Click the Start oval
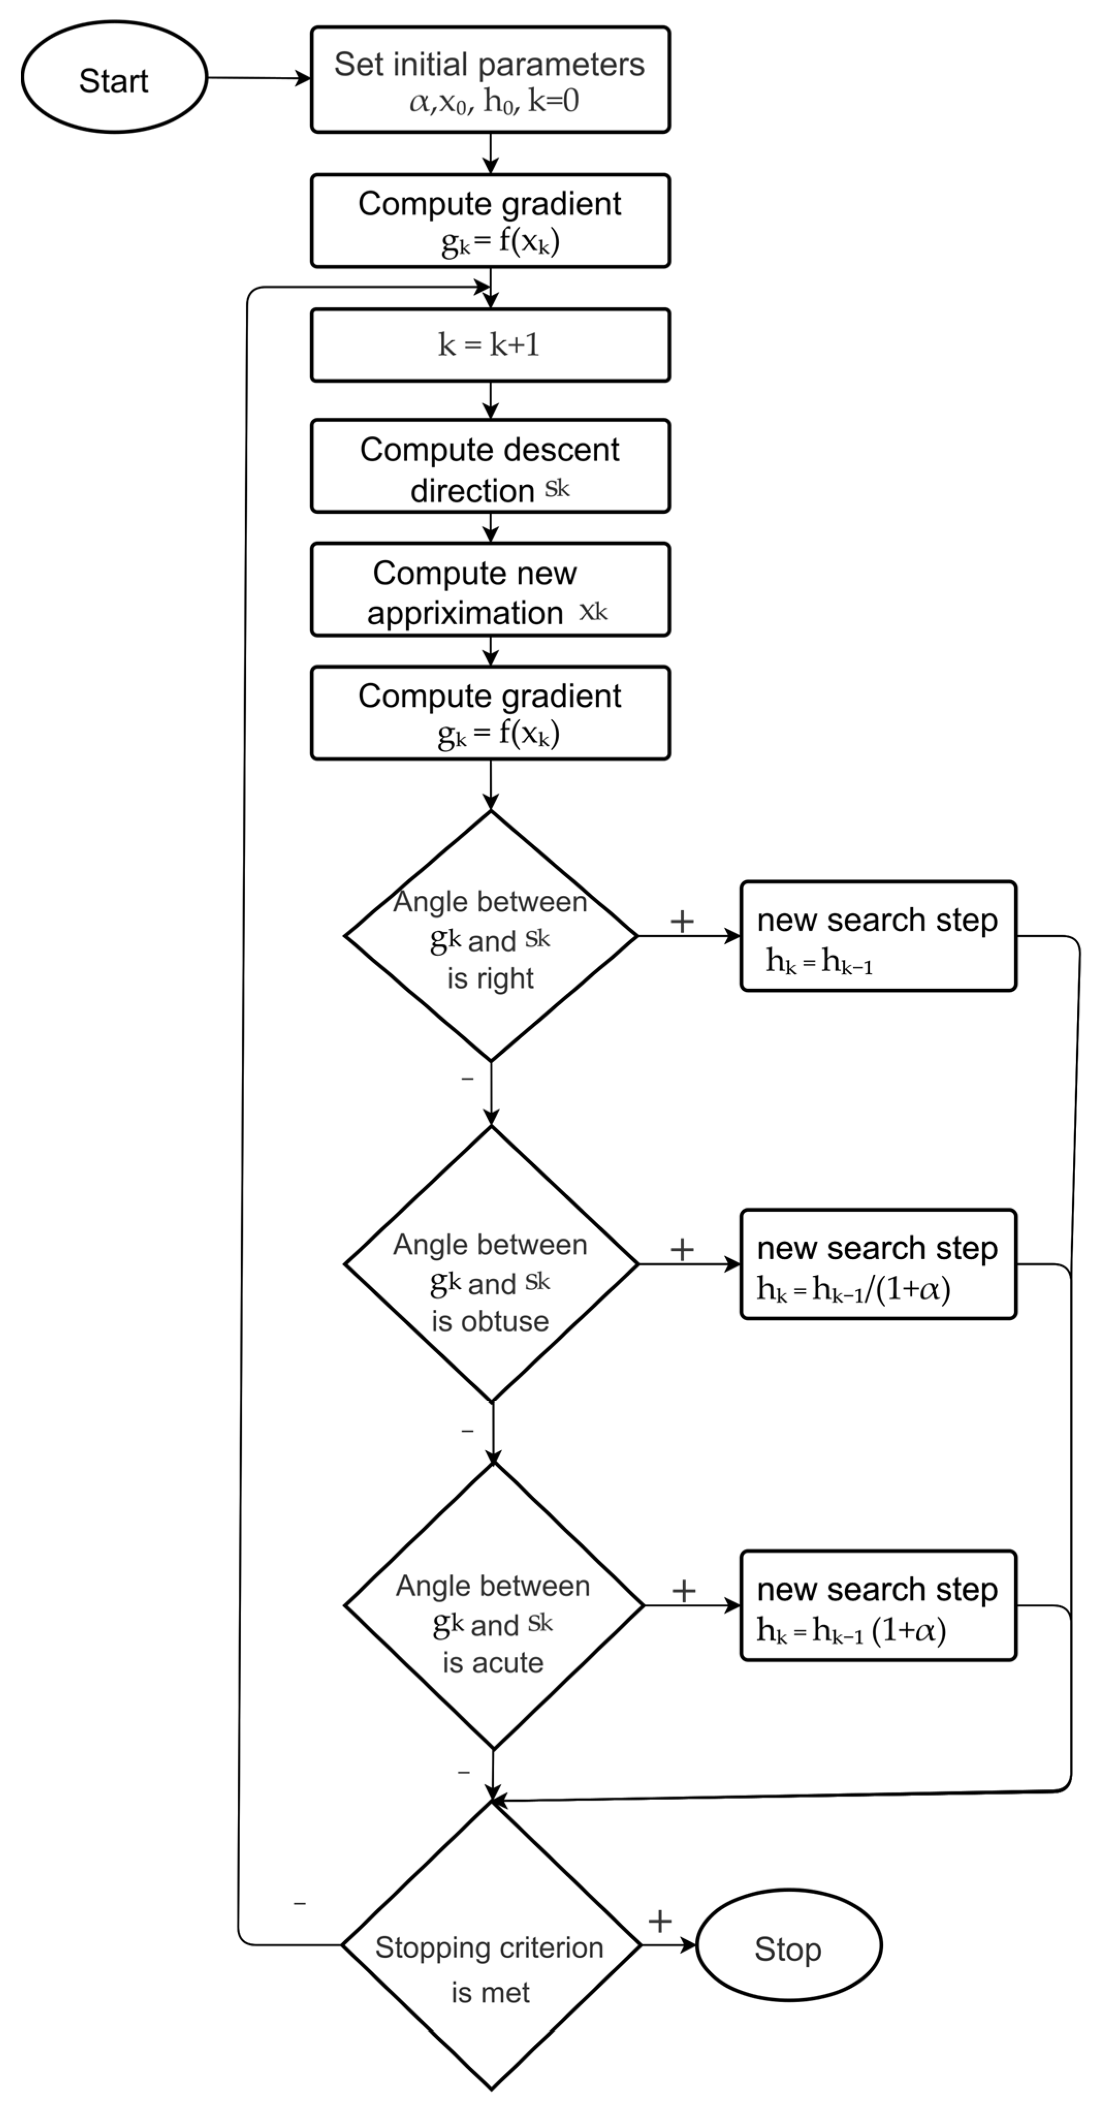coord(114,78)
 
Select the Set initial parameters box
coord(490,80)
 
